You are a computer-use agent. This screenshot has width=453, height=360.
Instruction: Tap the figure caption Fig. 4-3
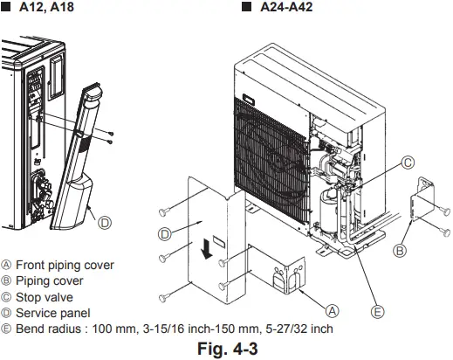click(x=226, y=349)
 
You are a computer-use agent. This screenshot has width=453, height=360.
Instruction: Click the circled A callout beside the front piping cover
click(x=333, y=309)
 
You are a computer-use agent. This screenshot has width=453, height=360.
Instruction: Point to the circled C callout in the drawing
click(x=408, y=163)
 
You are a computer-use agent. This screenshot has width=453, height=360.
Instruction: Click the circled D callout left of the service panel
click(x=164, y=234)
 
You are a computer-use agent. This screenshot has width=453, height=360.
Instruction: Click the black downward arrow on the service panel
click(x=206, y=250)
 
